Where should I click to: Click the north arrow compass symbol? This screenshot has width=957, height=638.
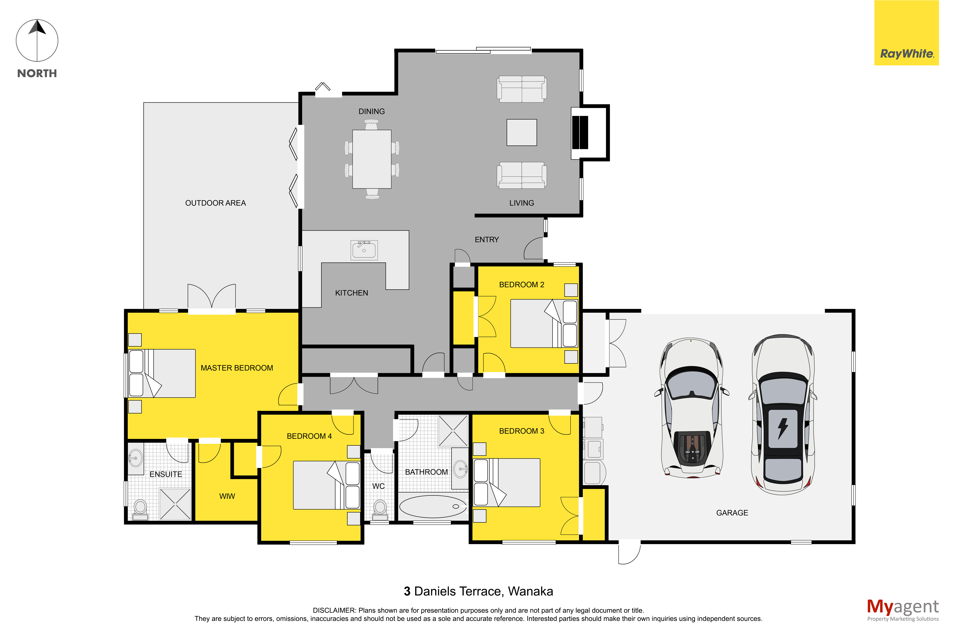(x=37, y=41)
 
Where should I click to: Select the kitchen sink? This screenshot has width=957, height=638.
(x=364, y=250)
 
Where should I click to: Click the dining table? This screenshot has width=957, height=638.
(x=372, y=159)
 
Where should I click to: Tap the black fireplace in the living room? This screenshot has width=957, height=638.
(x=580, y=132)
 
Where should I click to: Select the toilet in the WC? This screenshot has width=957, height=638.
(x=380, y=510)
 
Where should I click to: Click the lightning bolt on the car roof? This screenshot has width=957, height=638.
(x=782, y=428)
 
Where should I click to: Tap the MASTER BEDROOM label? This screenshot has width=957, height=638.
(x=237, y=368)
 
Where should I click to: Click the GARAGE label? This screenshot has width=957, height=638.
(x=732, y=513)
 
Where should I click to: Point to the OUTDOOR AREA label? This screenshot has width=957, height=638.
(x=216, y=203)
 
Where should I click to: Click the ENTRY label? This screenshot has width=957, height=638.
(x=487, y=240)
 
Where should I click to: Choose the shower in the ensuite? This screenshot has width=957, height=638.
(x=175, y=504)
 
